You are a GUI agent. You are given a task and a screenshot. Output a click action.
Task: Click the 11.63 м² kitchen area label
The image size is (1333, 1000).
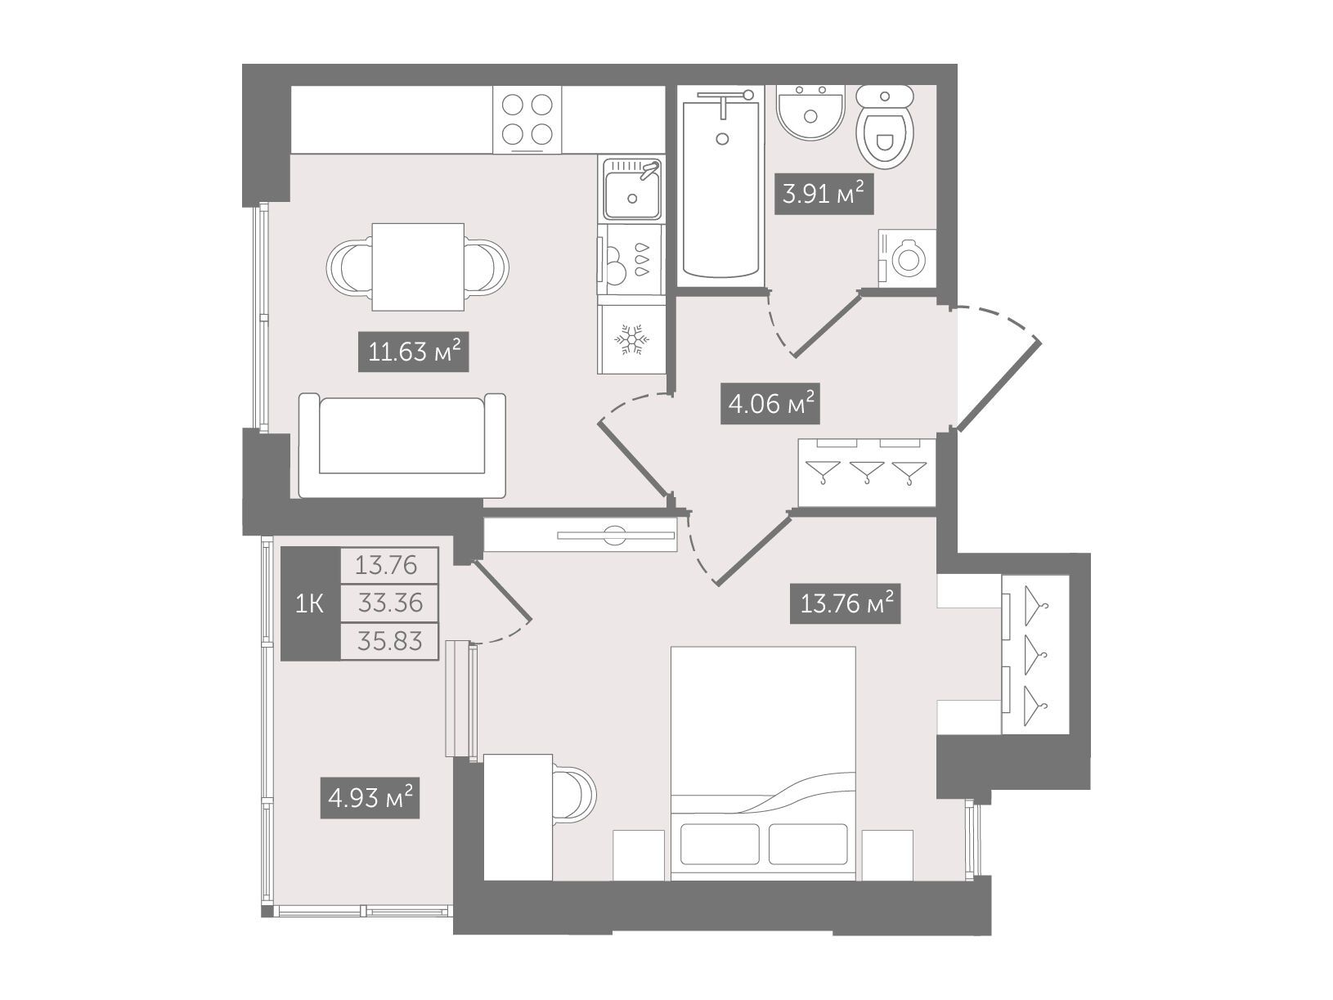(x=414, y=351)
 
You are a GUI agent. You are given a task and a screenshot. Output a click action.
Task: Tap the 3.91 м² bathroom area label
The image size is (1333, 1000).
(x=824, y=194)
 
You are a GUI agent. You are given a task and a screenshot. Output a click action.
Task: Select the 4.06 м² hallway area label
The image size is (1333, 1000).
(x=770, y=403)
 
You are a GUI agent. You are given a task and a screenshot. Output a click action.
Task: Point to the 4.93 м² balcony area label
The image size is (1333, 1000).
(x=370, y=798)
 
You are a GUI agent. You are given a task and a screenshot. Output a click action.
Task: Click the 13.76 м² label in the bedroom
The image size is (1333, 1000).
(x=845, y=603)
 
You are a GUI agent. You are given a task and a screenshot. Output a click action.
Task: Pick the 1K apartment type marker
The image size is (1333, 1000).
(x=309, y=604)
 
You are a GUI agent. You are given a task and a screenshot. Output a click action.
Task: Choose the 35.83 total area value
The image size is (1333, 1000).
(x=389, y=641)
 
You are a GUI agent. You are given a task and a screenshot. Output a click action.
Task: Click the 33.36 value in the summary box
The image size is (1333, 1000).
(x=389, y=603)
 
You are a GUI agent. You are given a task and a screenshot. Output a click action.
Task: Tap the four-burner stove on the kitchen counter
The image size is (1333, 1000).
(x=527, y=119)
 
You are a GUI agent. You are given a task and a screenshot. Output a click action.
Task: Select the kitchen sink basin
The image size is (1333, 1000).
(x=631, y=187)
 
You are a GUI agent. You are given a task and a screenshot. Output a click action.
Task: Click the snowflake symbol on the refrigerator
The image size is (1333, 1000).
(x=631, y=340)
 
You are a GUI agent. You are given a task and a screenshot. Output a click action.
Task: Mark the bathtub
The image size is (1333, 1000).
(x=720, y=185)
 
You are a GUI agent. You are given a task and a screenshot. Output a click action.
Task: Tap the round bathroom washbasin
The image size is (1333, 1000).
(x=810, y=112)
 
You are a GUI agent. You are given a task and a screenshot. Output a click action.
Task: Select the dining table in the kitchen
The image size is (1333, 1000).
(x=418, y=267)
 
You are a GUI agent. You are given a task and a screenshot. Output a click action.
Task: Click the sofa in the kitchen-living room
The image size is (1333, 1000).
(x=402, y=445)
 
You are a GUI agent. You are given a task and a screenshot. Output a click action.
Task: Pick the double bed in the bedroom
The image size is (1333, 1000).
(x=763, y=763)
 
